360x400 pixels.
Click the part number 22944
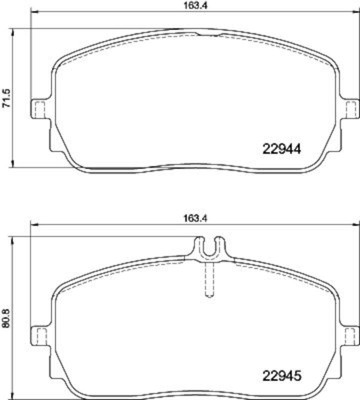pos(282,148)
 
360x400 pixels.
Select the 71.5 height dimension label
pos(7,98)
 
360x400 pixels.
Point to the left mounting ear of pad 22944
pos(39,109)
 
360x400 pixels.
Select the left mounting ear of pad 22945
pos(39,335)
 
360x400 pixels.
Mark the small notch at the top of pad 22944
pos(209,34)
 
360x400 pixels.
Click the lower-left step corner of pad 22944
pos(52,148)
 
